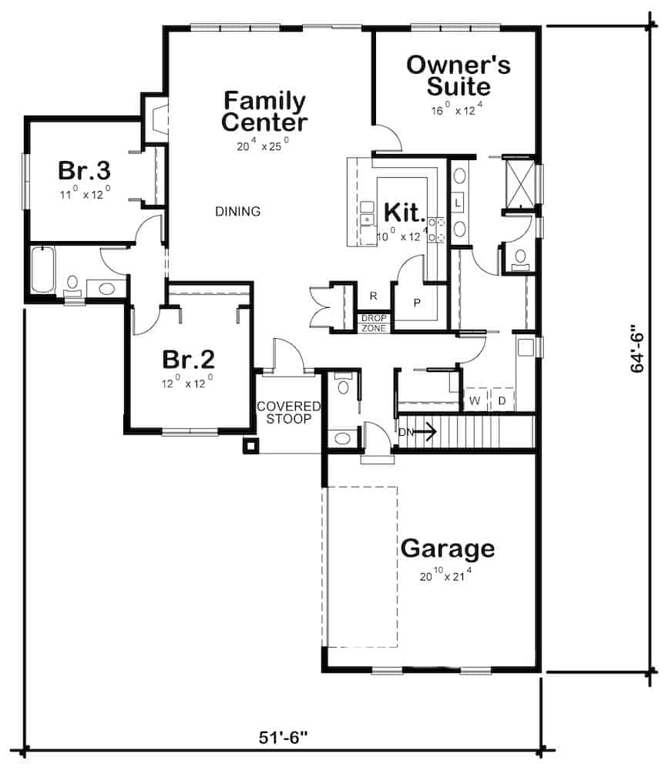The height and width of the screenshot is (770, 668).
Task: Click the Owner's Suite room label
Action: pyautogui.click(x=458, y=75)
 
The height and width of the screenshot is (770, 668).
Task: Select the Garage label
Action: pyautogui.click(x=448, y=549)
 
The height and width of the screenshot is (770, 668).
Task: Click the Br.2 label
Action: pyautogui.click(x=188, y=359)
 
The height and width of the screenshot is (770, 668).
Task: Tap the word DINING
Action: pyautogui.click(x=237, y=211)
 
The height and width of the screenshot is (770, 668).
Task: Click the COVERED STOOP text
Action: pyautogui.click(x=284, y=413)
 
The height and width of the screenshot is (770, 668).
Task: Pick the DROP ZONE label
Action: pyautogui.click(x=374, y=323)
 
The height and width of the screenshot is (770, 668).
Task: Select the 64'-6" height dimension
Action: pyautogui.click(x=638, y=348)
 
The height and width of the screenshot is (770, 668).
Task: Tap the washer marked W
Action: pyautogui.click(x=475, y=400)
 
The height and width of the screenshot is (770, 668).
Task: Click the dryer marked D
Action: pyautogui.click(x=502, y=400)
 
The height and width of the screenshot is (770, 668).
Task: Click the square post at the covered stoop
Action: pyautogui.click(x=250, y=445)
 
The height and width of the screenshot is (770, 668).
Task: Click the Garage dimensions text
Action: pyautogui.click(x=445, y=573)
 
